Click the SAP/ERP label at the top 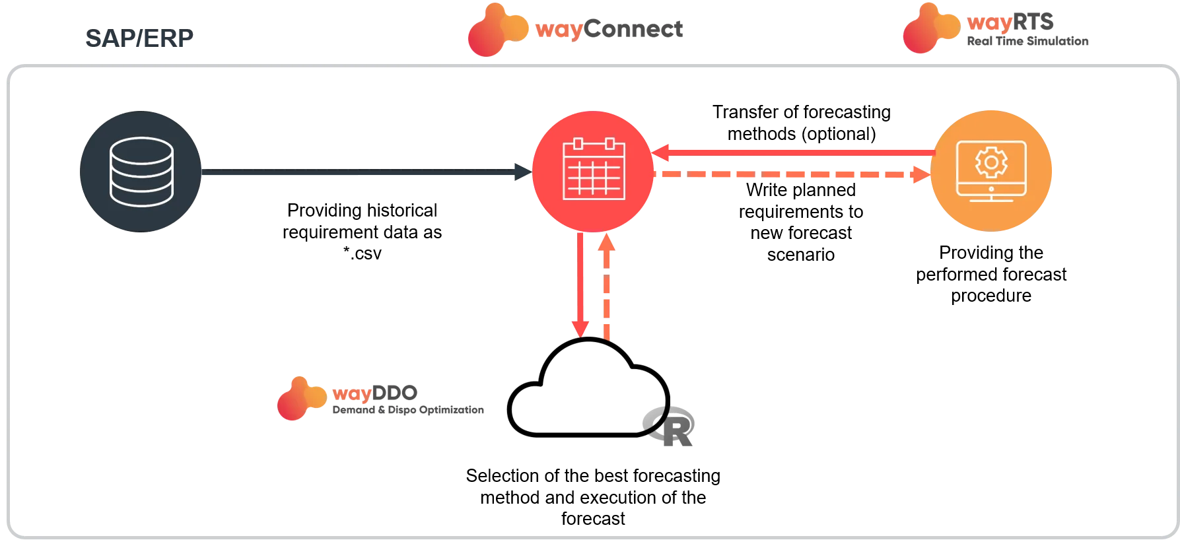(139, 38)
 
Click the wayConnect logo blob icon (495, 30)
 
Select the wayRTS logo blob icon (930, 28)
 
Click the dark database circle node (141, 172)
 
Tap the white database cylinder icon (141, 170)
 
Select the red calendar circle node (593, 172)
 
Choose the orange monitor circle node (991, 172)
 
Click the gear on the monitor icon (990, 162)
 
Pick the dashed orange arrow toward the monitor (792, 176)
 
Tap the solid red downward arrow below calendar (580, 284)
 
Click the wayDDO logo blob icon (300, 398)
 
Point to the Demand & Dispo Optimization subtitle (408, 411)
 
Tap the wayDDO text (375, 393)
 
